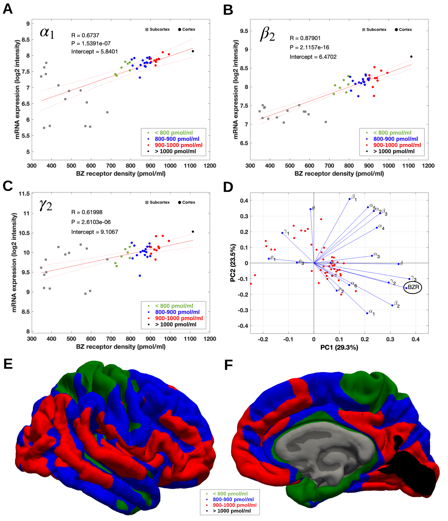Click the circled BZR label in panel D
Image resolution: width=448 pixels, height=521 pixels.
[413, 287]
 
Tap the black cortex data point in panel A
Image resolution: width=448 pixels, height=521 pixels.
[193, 51]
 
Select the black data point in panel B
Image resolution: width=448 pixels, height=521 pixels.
[411, 57]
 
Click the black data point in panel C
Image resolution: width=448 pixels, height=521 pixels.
[193, 232]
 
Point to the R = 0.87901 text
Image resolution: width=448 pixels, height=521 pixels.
[305, 38]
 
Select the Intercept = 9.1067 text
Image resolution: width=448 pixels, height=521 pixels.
[95, 232]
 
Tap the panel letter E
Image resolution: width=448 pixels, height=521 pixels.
[8, 364]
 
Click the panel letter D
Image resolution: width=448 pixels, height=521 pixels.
[228, 187]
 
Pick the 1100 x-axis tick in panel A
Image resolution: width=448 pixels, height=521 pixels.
[190, 166]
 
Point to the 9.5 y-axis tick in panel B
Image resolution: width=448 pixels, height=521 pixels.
[244, 31]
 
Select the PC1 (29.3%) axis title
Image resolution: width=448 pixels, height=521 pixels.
[339, 347]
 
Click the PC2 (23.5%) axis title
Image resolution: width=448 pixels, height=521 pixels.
[233, 263]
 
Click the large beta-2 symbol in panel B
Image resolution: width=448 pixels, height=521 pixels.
[267, 34]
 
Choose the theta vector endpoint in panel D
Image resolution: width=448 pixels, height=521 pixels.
[310, 209]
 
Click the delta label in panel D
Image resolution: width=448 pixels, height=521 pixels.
[401, 263]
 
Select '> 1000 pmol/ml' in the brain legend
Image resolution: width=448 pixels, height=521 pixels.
[232, 511]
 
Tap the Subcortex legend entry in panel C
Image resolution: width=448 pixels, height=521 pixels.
[158, 202]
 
